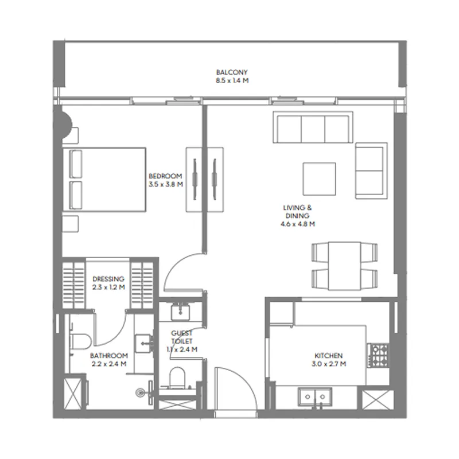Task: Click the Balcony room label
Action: [x=232, y=72]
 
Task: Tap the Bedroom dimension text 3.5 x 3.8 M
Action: [x=166, y=184]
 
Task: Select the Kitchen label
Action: [x=328, y=356]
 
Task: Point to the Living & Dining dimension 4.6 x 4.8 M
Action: [x=298, y=224]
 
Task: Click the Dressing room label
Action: [x=108, y=279]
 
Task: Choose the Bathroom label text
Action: [x=109, y=356]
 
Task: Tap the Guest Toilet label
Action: [x=182, y=337]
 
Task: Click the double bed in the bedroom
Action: [x=104, y=180]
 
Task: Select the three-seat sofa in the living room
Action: [x=313, y=127]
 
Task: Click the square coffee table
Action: [x=320, y=179]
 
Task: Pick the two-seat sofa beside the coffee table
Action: [x=371, y=171]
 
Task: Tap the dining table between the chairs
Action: [x=345, y=266]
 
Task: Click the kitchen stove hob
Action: [x=378, y=356]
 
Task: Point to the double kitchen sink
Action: [x=315, y=397]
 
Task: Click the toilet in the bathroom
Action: [x=79, y=341]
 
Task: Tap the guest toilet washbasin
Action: [x=180, y=312]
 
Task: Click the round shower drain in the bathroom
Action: [x=141, y=392]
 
